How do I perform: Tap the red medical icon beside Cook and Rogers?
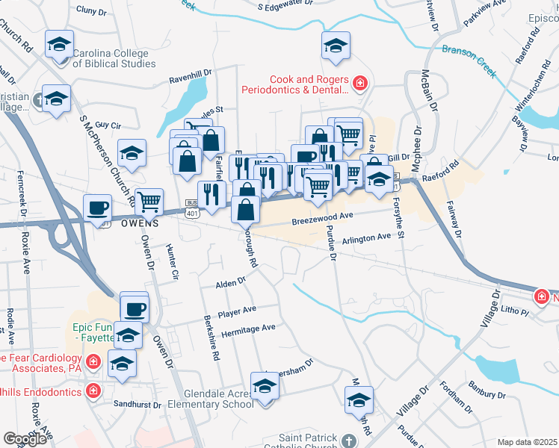tap(360, 82)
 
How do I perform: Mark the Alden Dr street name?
tap(230, 283)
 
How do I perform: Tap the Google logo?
tap(25, 439)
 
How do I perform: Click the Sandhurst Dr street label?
tap(136, 404)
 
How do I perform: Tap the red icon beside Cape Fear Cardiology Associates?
tap(92, 363)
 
